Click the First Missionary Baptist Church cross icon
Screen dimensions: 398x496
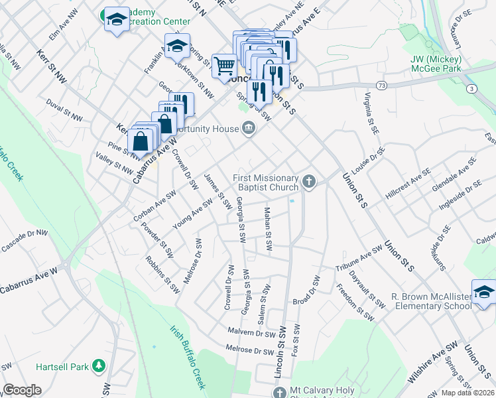(308, 181)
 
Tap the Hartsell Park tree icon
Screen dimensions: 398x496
(99, 365)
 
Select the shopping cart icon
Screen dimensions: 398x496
(224, 66)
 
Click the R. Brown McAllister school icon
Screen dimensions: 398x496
(484, 293)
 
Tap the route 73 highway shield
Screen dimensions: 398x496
(381, 85)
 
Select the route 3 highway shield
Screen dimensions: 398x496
(470, 88)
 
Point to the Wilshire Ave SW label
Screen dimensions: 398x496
(433, 364)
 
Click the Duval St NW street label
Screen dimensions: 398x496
(64, 110)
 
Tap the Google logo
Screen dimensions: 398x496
(22, 390)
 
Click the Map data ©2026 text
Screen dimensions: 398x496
(467, 393)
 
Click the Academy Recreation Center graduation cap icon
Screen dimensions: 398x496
(117, 19)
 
